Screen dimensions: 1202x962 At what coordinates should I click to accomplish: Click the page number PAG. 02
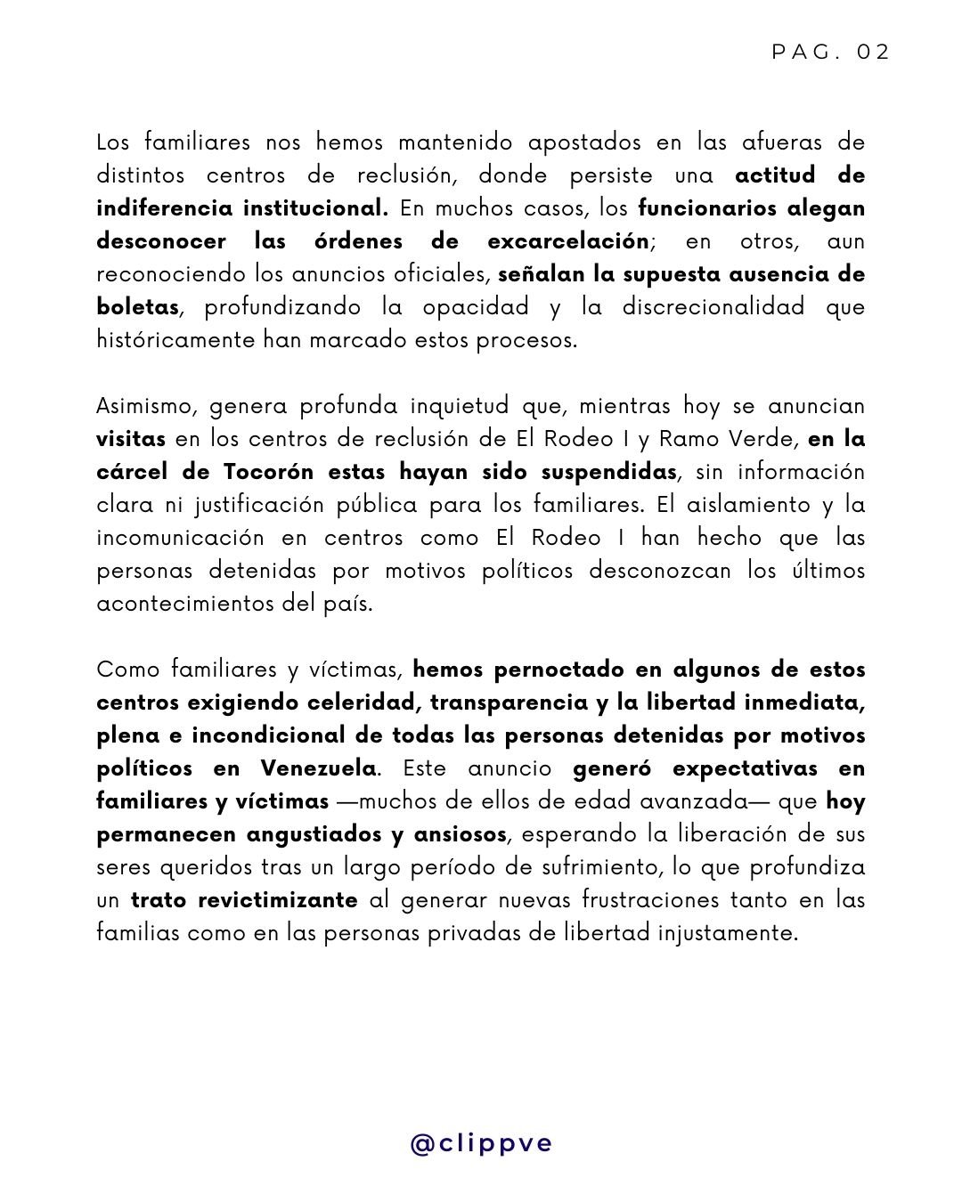pos(830,53)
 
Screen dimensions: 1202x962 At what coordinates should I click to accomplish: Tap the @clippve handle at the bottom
pos(481,1142)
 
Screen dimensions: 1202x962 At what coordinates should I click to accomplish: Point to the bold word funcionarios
pos(706,208)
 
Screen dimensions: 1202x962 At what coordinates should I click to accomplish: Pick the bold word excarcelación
pos(568,241)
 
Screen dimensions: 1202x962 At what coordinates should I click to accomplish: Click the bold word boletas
pos(137,307)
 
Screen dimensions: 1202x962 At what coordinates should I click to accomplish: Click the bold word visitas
pos(130,439)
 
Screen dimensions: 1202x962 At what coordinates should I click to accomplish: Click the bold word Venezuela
pos(318,768)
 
